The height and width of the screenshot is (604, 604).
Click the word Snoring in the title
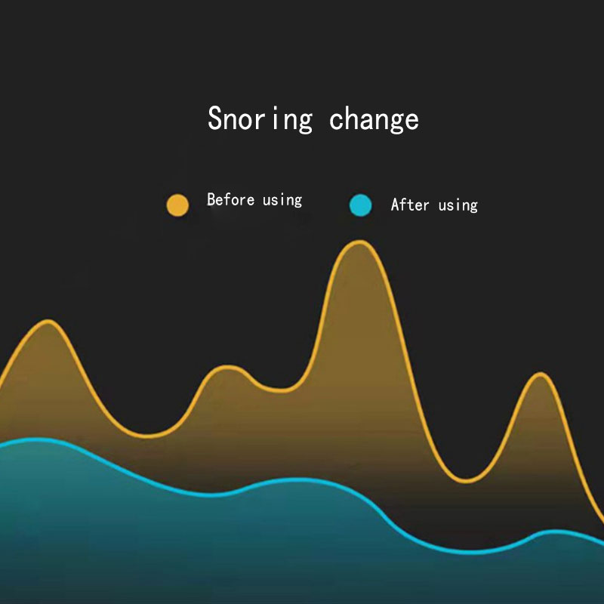pyautogui.click(x=260, y=119)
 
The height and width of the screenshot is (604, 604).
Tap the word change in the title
pyautogui.click(x=374, y=119)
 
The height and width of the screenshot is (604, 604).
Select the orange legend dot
pyautogui.click(x=177, y=205)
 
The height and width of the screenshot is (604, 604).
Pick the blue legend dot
pyautogui.click(x=361, y=205)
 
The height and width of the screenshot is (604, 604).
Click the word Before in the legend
pyautogui.click(x=231, y=199)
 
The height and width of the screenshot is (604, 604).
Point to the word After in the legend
pyautogui.click(x=410, y=205)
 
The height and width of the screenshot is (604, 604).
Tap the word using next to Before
pyautogui.click(x=282, y=201)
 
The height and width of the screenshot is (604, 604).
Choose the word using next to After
pyautogui.click(x=458, y=205)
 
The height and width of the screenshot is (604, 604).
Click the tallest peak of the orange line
pyautogui.click(x=360, y=242)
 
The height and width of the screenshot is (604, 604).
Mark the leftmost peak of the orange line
pyautogui.click(x=48, y=322)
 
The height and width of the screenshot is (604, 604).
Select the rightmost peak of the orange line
pyautogui.click(x=541, y=374)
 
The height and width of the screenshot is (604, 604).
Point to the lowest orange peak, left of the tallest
pyautogui.click(x=228, y=367)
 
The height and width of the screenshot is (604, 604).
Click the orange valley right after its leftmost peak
pyautogui.click(x=148, y=436)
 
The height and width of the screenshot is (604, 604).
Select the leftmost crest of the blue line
pyautogui.click(x=36, y=439)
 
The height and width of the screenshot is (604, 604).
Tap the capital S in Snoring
pyautogui.click(x=215, y=118)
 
